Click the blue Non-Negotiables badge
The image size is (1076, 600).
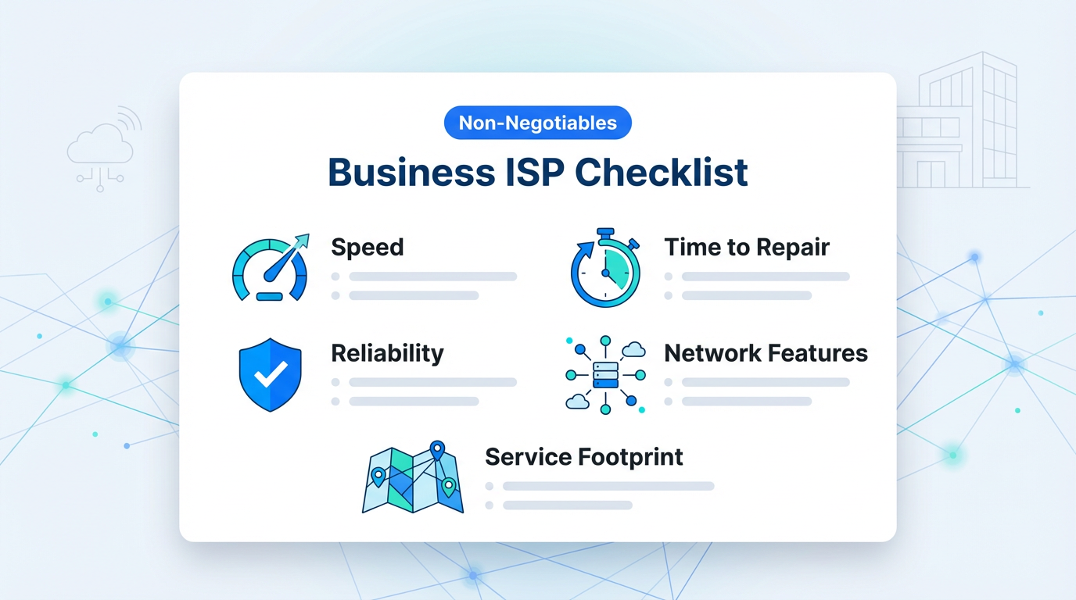tap(537, 123)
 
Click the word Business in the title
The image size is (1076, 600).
tap(411, 173)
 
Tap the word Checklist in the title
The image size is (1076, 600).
tap(661, 173)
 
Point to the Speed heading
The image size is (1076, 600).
tap(368, 247)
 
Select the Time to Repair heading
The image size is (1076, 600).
tap(747, 247)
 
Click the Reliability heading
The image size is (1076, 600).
tap(388, 353)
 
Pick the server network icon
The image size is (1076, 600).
tap(605, 375)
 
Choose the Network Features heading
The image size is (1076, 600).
tap(766, 353)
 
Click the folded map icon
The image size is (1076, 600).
tap(413, 477)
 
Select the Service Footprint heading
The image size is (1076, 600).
tap(584, 456)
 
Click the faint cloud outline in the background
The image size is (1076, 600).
tap(100, 144)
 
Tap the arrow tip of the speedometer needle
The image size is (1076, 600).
tap(308, 235)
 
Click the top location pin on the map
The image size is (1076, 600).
tap(437, 450)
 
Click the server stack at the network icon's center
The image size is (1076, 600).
tap(605, 375)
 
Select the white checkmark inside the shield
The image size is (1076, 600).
tap(271, 374)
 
